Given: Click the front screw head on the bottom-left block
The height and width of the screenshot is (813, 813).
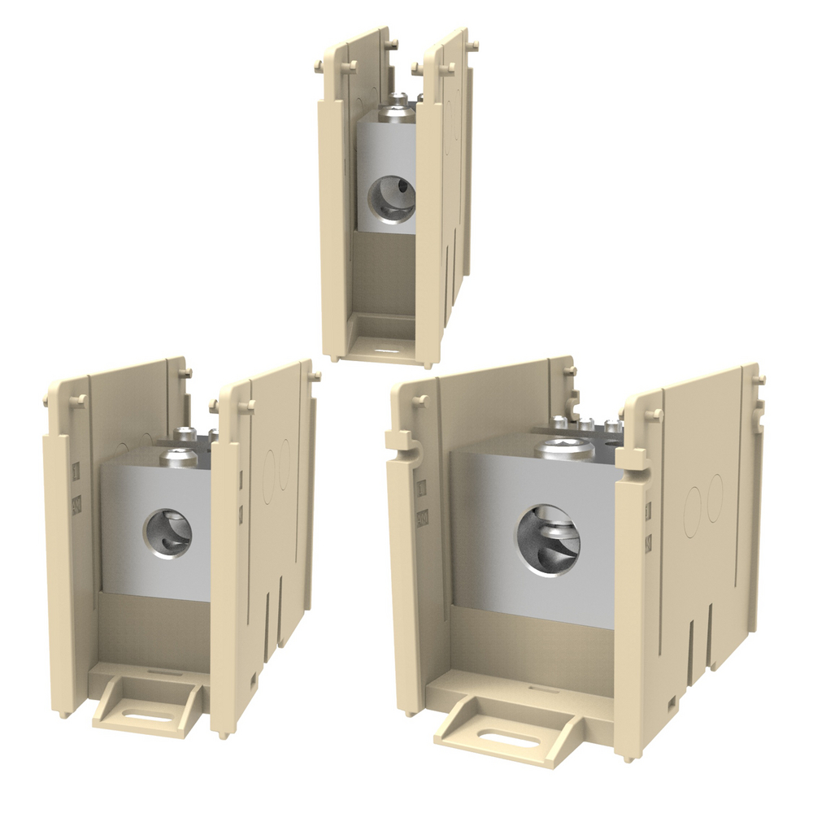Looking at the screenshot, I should [179, 458].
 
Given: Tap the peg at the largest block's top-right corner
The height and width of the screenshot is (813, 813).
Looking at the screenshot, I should [758, 380].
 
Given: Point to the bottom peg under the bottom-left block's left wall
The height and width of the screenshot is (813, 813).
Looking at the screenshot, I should [63, 714].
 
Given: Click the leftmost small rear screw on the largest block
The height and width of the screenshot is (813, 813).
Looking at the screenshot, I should [559, 420].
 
